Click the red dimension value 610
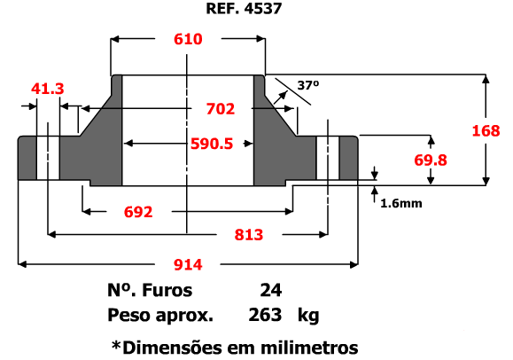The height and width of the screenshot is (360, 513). (x=188, y=39)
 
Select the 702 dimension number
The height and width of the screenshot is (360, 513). (x=221, y=109)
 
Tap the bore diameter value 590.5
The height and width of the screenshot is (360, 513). (x=212, y=144)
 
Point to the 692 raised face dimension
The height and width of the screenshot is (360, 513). (x=138, y=212)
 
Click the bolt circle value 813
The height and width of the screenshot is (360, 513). (x=249, y=235)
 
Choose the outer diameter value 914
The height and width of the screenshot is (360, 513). (x=188, y=264)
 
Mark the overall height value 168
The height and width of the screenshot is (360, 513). (x=486, y=131)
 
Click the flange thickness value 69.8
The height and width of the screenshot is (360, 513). (x=431, y=160)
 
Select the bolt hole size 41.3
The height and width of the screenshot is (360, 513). (x=48, y=89)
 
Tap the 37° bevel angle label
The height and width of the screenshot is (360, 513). (x=307, y=85)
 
